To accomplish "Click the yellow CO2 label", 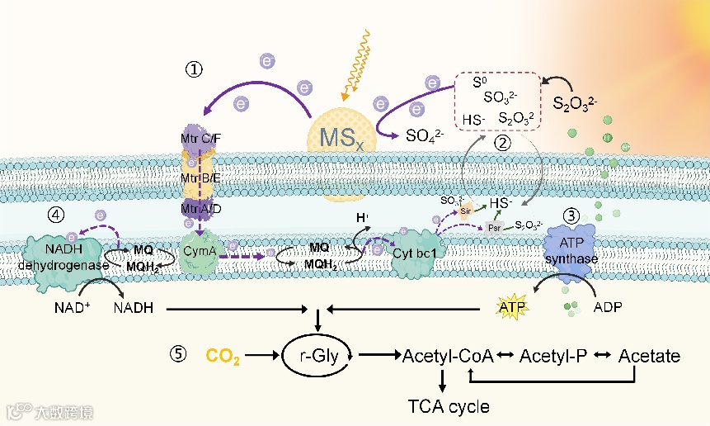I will pyautogui.click(x=223, y=357).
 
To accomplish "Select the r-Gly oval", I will pyautogui.click(x=319, y=357).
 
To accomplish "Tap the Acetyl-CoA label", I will pyautogui.click(x=448, y=357).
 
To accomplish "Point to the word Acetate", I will pyautogui.click(x=650, y=357).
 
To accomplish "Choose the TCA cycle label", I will pyautogui.click(x=449, y=406).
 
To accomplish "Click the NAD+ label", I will pyautogui.click(x=59, y=309).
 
